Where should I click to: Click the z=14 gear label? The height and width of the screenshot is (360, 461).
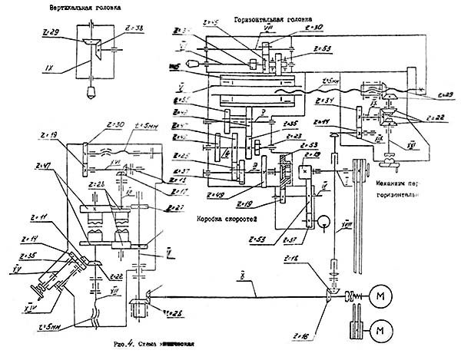32,238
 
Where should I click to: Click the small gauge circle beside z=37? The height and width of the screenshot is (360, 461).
326,224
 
